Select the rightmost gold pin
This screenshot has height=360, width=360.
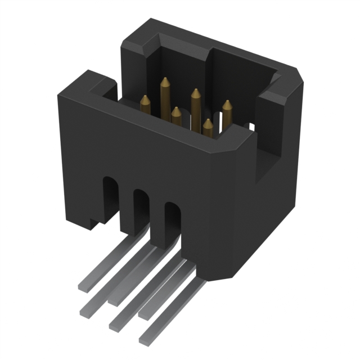coord(227,110)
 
